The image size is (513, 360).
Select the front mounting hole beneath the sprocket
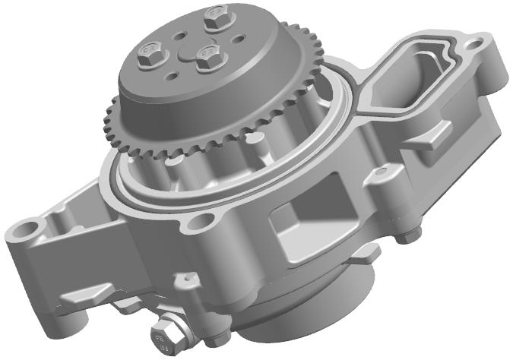coord(202,221)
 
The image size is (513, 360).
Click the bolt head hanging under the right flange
coord(410,235)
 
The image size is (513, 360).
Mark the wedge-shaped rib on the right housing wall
coord(439,137)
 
